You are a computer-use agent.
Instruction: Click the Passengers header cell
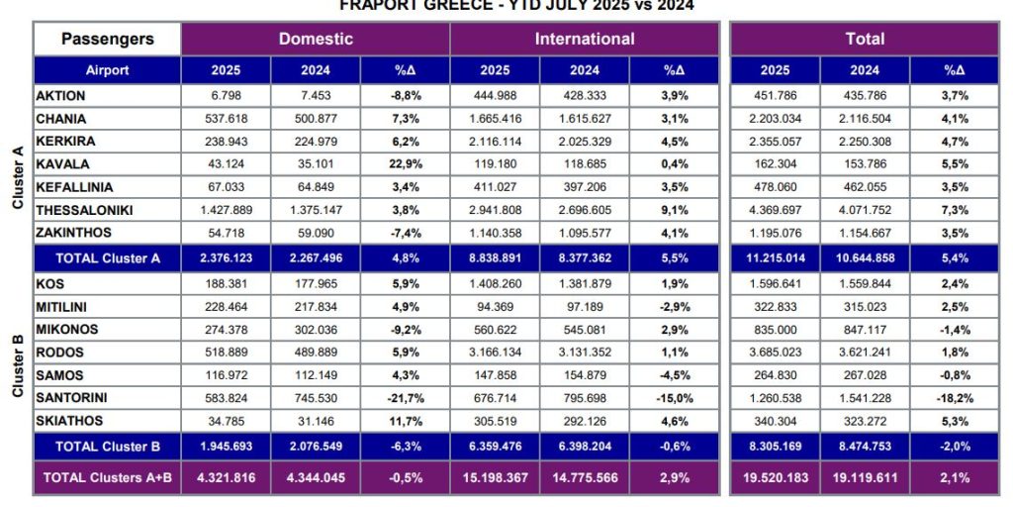[x=107, y=40]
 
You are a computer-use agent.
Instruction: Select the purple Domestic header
[x=316, y=40]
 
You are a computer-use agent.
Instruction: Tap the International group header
[x=585, y=40]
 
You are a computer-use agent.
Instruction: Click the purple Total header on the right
[x=865, y=40]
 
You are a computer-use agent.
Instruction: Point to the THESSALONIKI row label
[x=84, y=210]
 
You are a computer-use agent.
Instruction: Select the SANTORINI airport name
[x=73, y=398]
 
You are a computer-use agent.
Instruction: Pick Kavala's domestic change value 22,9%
[x=406, y=163]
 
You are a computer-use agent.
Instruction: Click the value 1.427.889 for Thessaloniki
[x=226, y=210]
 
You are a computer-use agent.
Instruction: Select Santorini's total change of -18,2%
[x=955, y=398]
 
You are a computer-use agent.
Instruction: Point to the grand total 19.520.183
[x=775, y=477]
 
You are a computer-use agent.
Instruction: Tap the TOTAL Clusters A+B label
[x=107, y=477]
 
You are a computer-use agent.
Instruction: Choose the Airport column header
[x=107, y=71]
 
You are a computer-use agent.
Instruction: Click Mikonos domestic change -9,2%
[x=406, y=329]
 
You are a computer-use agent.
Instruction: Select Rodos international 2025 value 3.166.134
[x=495, y=353]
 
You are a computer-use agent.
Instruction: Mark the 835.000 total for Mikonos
[x=775, y=329]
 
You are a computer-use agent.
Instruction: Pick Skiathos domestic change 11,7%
[x=406, y=422]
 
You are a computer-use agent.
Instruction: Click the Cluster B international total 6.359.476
[x=495, y=446]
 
